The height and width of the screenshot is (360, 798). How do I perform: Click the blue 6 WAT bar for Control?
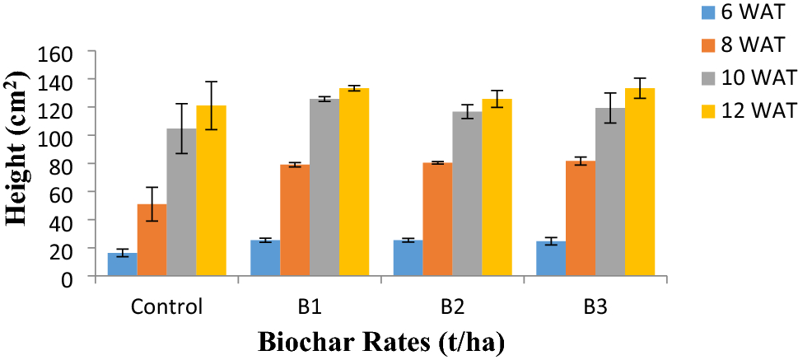point(122,265)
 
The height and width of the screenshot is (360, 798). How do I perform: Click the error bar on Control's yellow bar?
point(211,105)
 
